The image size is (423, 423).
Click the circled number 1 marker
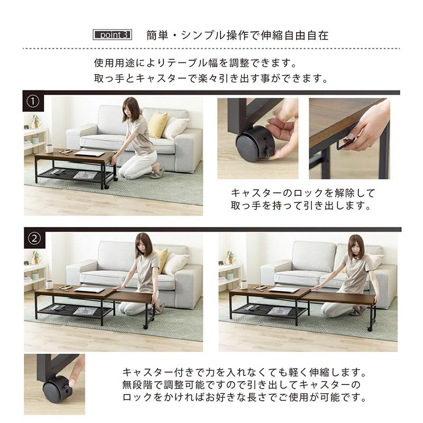point(34,101)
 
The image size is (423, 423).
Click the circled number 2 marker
point(34,238)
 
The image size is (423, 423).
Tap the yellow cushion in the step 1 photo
point(157,125)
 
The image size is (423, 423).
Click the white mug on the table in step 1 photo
point(49,148)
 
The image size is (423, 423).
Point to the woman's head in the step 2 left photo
point(143,243)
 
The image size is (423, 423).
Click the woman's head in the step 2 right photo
point(355,245)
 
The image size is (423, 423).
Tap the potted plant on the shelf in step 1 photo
point(35,121)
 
